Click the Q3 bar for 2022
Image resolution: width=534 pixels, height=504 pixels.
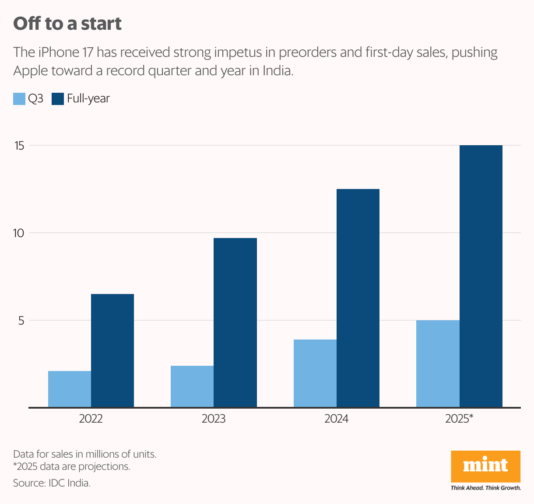tap(70, 389)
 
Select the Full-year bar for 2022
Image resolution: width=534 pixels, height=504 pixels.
tap(112, 350)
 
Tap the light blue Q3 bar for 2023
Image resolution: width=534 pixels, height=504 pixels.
tap(192, 386)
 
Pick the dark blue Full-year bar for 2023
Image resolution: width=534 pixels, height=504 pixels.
tap(235, 322)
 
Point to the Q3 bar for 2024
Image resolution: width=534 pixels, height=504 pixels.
tap(315, 373)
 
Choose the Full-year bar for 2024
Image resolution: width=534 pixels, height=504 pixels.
tap(358, 298)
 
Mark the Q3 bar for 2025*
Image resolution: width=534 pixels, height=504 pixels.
tap(438, 364)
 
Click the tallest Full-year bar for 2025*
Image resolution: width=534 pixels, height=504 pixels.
tap(481, 276)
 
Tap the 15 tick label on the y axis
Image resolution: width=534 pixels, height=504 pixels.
tap(19, 146)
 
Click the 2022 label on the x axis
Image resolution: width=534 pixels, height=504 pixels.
tap(91, 419)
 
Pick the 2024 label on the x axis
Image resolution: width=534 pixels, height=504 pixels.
tap(336, 419)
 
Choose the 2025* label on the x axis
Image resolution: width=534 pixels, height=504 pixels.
tap(459, 419)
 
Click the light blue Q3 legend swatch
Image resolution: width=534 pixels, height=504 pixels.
tap(19, 99)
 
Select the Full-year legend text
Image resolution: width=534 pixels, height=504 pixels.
tap(88, 99)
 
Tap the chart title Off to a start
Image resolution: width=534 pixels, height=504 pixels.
tap(67, 24)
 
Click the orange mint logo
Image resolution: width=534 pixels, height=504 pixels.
tap(485, 466)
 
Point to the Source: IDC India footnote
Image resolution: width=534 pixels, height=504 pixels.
tap(52, 483)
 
